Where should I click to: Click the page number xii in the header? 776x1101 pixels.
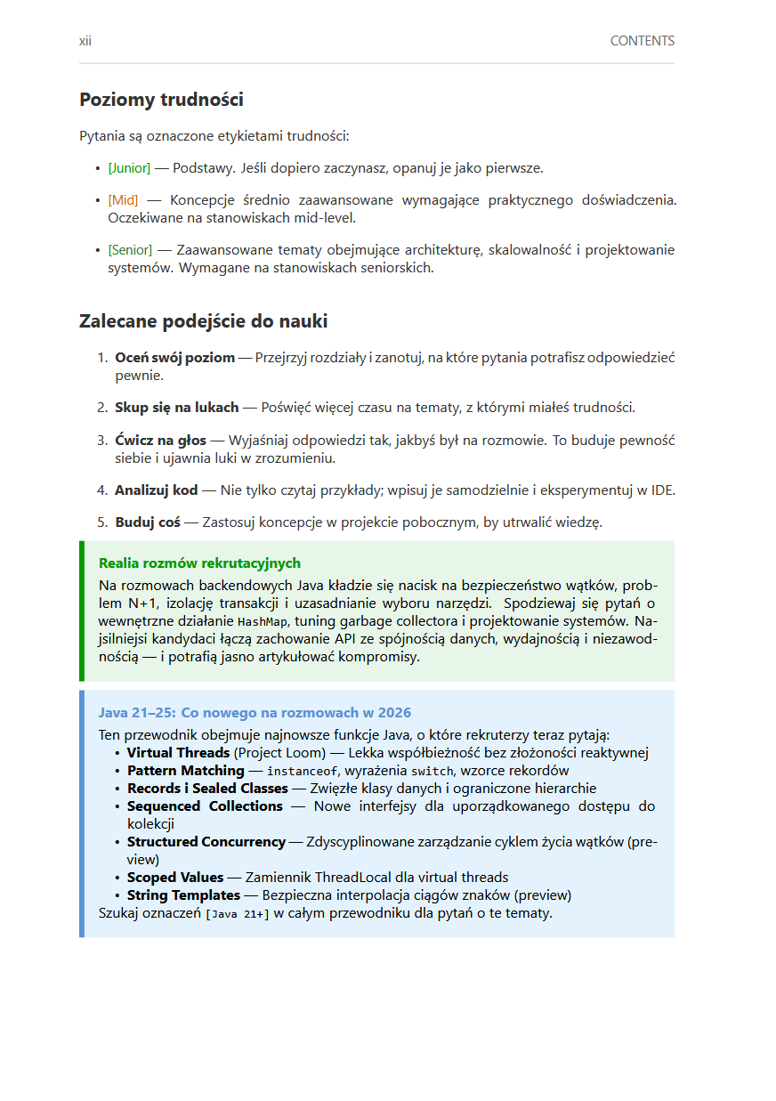point(85,41)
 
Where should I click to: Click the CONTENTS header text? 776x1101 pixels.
point(642,41)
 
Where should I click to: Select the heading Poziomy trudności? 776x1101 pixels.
point(161,100)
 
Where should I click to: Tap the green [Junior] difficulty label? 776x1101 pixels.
point(129,168)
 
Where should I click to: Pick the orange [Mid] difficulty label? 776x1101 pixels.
point(123,200)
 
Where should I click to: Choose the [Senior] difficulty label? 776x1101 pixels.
point(130,250)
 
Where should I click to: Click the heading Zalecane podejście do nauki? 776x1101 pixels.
point(203,321)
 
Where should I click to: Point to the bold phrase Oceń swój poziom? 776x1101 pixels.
point(174,358)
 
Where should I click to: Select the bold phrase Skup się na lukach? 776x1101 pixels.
point(176,408)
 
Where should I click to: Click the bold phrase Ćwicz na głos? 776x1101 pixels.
point(160,441)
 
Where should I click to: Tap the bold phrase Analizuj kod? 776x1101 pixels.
point(156,490)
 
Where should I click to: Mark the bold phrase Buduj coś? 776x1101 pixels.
point(147,522)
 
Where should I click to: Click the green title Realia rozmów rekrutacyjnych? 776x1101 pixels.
point(199,563)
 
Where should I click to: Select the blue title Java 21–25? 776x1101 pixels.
point(255,713)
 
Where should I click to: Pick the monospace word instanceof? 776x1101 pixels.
point(303,771)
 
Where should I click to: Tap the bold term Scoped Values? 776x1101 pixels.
point(174,878)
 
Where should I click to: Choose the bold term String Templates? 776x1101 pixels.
point(183,895)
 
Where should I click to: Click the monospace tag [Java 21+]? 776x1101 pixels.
point(237,913)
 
